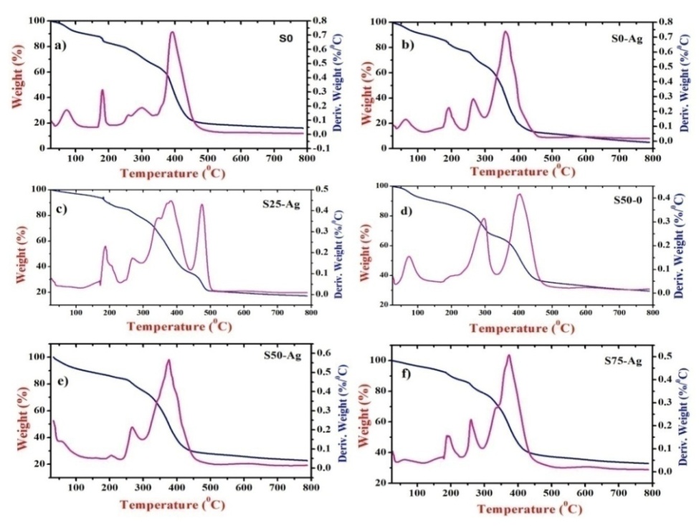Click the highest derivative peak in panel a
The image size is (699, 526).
[x=172, y=32]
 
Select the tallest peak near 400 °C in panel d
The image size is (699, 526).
[x=518, y=194]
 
